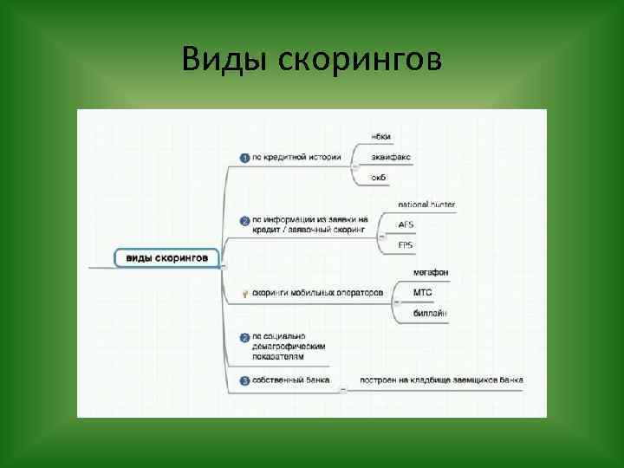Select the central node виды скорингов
pyautogui.click(x=167, y=257)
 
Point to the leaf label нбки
pyautogui.click(x=380, y=137)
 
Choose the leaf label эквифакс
pyautogui.click(x=391, y=157)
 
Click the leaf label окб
pyautogui.click(x=380, y=178)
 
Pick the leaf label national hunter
pyautogui.click(x=426, y=205)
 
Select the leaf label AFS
pyautogui.click(x=406, y=224)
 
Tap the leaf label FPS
pyautogui.click(x=406, y=245)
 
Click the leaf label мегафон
pyautogui.click(x=431, y=273)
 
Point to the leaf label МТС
pyautogui.click(x=423, y=293)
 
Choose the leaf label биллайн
pyautogui.click(x=430, y=313)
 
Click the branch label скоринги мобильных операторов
pyautogui.click(x=317, y=293)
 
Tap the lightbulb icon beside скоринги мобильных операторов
pyautogui.click(x=245, y=294)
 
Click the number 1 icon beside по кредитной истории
pyautogui.click(x=245, y=158)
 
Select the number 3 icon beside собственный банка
pyautogui.click(x=245, y=380)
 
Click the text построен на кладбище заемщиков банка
pyautogui.click(x=442, y=380)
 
